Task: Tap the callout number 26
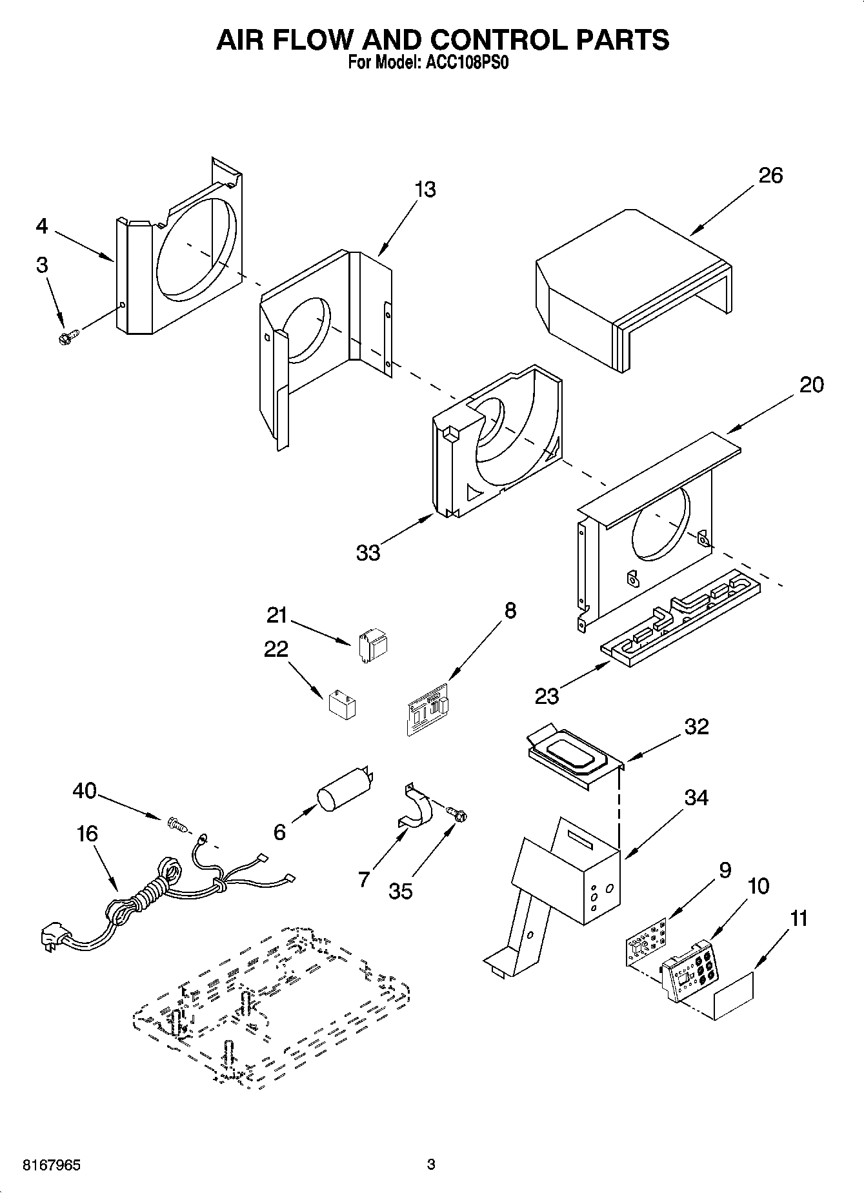point(770,175)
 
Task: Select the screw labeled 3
point(68,337)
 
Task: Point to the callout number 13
point(425,189)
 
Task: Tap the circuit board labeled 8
point(428,709)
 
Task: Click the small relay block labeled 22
point(343,705)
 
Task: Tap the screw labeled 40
point(176,824)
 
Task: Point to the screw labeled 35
point(458,815)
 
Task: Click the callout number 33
point(368,552)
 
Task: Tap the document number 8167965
point(52,1165)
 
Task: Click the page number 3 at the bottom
point(431,1165)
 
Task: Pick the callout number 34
point(696,797)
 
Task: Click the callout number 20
point(812,385)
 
